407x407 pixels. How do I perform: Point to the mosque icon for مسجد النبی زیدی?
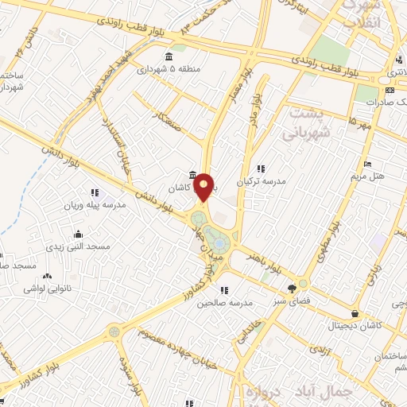pos(78,235)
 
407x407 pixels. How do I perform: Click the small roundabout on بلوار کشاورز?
pos(115,329)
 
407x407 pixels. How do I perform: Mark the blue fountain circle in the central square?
pos(218,243)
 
